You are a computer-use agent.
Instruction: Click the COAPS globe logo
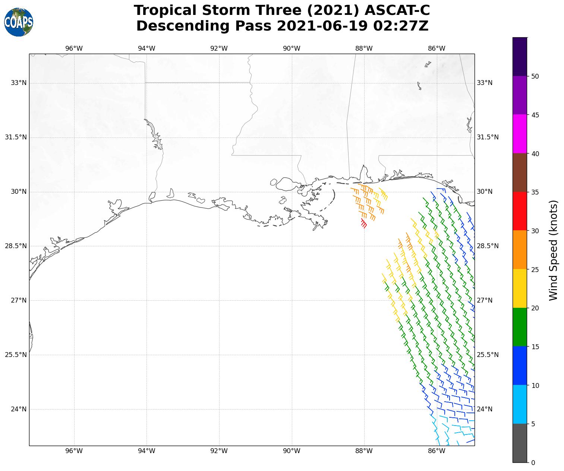(x=19, y=22)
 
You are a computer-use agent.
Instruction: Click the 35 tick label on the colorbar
(x=535, y=192)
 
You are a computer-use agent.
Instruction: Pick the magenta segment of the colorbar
(x=520, y=134)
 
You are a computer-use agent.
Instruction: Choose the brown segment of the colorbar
(x=520, y=173)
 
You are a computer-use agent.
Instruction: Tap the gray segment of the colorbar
(x=520, y=443)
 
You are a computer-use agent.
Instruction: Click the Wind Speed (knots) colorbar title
(x=554, y=250)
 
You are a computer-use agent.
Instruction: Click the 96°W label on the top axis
(x=74, y=48)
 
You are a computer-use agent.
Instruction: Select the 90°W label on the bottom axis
(x=292, y=451)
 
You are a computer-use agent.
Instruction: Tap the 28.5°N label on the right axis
(x=488, y=246)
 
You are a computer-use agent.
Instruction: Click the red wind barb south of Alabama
(x=364, y=224)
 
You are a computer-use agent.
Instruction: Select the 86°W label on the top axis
(x=437, y=48)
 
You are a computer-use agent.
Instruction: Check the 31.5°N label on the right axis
(x=488, y=137)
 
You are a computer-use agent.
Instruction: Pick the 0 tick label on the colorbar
(x=533, y=463)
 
